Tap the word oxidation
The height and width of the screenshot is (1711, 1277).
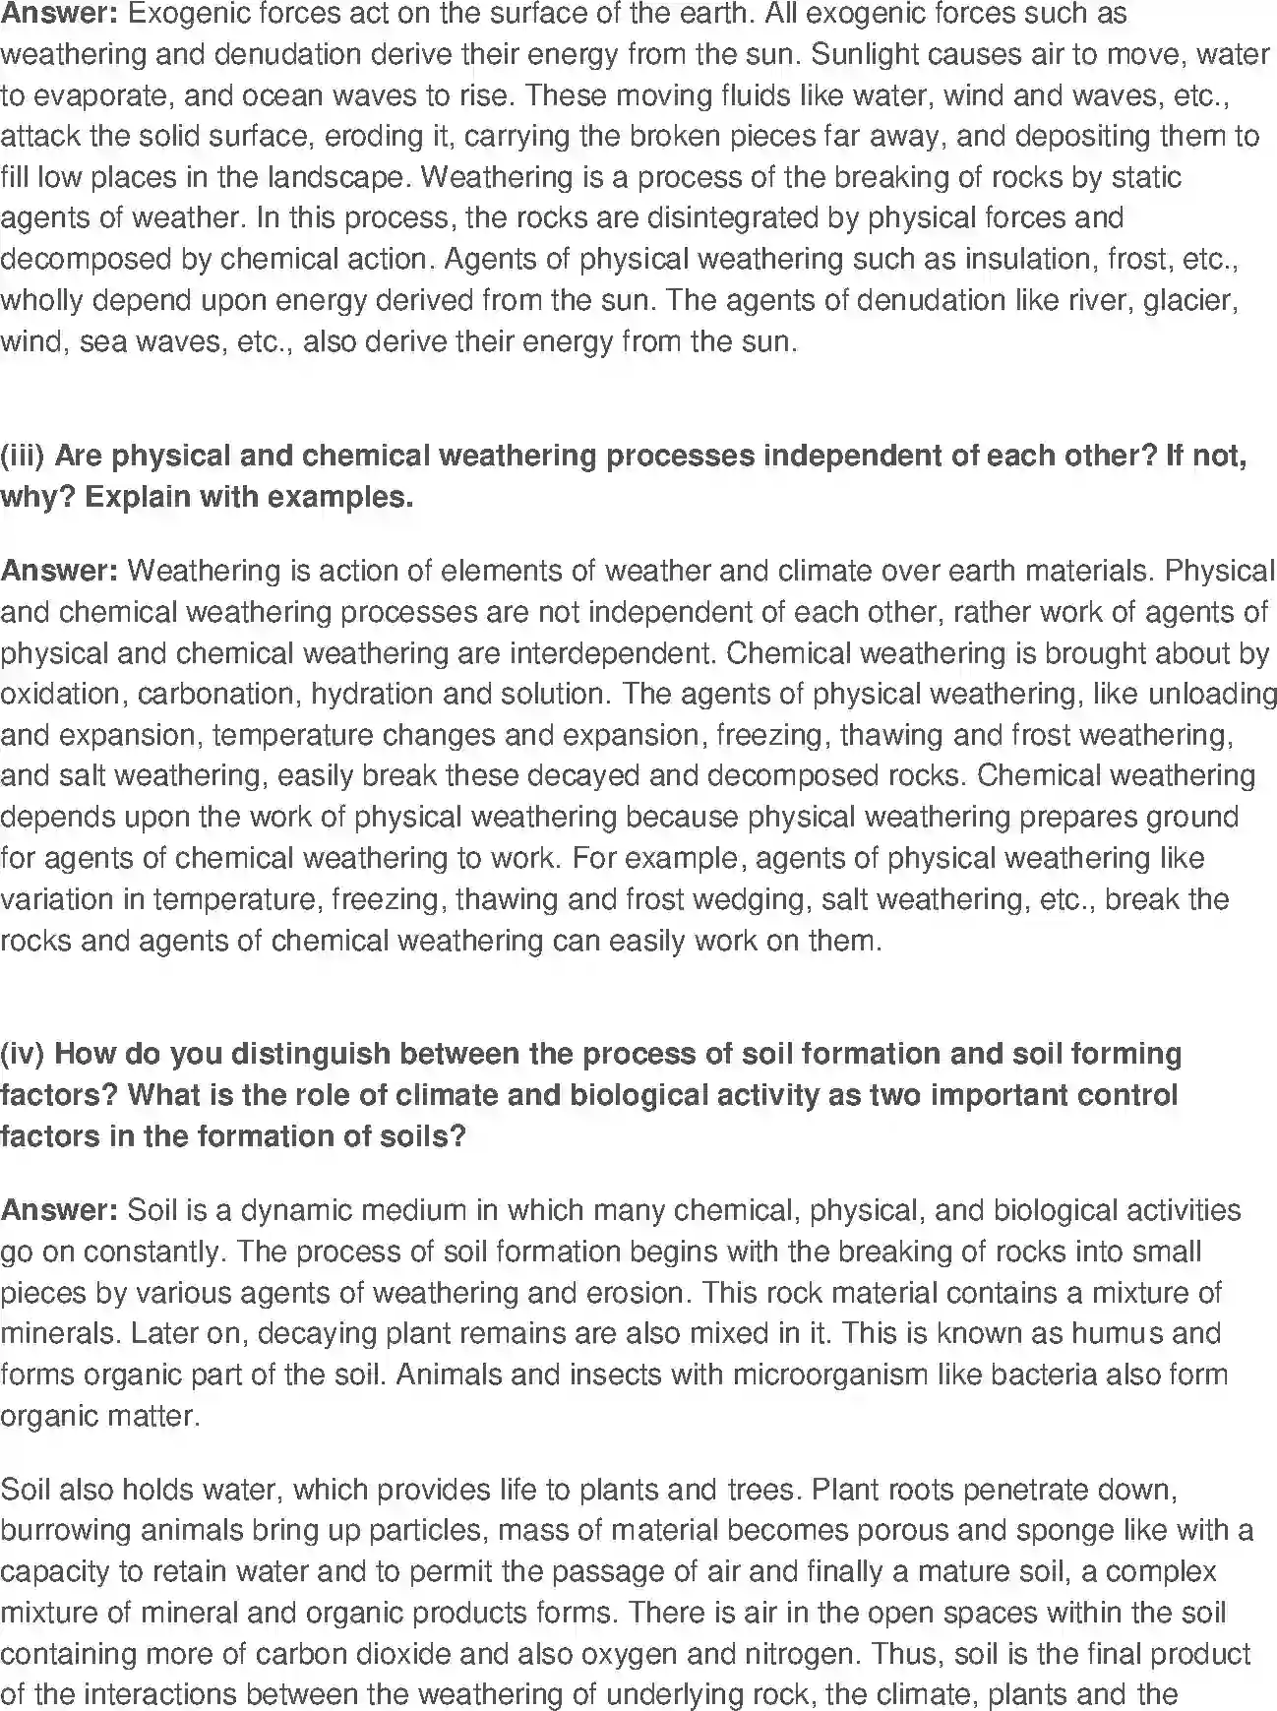[61, 694]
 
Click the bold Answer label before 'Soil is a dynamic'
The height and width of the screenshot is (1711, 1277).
[59, 1210]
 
